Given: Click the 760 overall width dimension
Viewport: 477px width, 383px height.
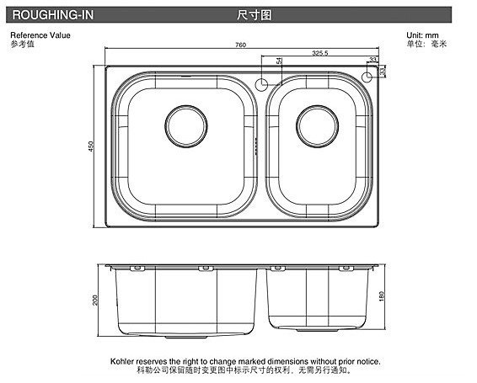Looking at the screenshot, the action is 240,45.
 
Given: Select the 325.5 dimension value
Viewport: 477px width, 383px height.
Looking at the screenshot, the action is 320,53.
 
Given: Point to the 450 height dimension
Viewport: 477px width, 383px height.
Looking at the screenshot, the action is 91,146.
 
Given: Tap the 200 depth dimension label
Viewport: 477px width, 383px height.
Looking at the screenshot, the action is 95,301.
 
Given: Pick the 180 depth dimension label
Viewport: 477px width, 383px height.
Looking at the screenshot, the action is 382,296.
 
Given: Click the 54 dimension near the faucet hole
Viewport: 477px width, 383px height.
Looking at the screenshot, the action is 279,61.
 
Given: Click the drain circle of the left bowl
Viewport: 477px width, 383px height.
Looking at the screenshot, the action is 186,126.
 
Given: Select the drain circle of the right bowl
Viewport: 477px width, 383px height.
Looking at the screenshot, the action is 317,126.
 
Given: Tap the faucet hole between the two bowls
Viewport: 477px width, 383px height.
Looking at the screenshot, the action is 261,85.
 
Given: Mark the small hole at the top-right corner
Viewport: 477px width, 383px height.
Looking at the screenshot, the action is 367,77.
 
